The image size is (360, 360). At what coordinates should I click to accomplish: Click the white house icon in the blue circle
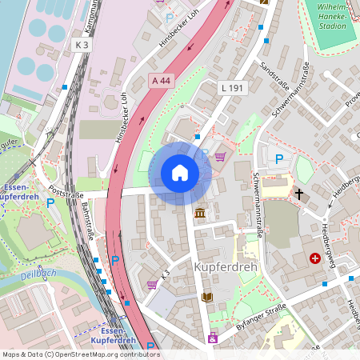pos(180,173)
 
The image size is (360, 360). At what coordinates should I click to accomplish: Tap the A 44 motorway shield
pos(161,81)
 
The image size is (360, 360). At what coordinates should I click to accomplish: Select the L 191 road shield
pos(231,86)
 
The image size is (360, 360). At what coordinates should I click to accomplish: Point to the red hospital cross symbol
pos(315,258)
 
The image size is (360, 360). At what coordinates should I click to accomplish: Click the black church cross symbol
pos(300,194)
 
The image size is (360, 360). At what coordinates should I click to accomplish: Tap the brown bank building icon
pos(199,213)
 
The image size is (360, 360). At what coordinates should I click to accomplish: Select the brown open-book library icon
pos(207,297)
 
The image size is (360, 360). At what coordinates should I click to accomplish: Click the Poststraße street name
pos(66,192)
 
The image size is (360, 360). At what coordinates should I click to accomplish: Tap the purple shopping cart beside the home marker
pos(220,157)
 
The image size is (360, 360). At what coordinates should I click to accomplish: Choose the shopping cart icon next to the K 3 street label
pos(151,284)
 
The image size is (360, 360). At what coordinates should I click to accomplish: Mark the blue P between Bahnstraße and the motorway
pos(115,260)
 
